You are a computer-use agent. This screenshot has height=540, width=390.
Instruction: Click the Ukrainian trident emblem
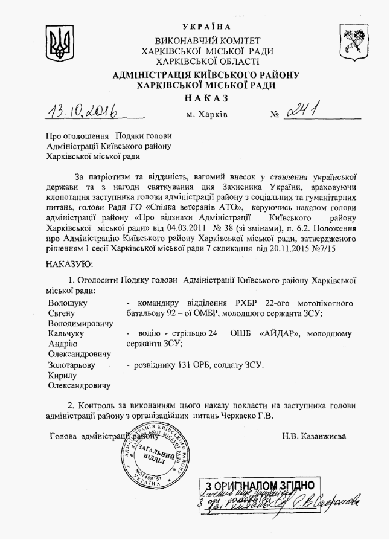[x=59, y=43]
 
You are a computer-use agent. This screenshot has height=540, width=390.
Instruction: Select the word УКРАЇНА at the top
[x=206, y=27]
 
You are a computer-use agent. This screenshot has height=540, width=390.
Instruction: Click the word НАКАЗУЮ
[x=69, y=264]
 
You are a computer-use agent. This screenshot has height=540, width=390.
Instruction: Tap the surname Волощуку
[x=68, y=302]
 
